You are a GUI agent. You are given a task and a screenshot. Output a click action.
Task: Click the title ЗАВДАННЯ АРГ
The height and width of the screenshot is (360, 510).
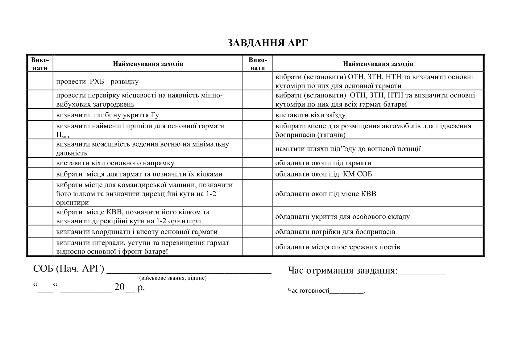267,43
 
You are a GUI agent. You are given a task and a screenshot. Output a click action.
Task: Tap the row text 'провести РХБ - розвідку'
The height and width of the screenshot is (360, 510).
97,82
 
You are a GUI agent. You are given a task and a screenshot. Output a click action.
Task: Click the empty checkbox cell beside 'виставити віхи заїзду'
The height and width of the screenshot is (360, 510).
257,115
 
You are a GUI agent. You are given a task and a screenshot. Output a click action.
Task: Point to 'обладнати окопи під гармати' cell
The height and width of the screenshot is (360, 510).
323,163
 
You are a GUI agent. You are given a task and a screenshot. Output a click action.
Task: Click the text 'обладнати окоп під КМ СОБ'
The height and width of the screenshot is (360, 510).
323,174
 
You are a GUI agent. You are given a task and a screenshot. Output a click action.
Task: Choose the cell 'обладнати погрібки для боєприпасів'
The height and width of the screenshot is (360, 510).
335,232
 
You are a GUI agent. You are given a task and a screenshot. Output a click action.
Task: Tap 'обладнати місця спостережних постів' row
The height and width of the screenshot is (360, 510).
338,247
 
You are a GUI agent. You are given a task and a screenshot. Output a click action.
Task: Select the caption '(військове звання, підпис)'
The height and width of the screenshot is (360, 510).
173,278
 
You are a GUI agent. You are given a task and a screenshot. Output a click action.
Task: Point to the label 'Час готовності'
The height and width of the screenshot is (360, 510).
308,291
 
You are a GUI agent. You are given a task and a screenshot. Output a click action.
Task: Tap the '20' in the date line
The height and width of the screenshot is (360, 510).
119,287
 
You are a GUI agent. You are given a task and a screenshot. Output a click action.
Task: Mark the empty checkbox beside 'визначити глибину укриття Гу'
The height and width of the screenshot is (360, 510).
40,115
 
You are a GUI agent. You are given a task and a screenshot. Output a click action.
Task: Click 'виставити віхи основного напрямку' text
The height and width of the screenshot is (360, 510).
115,163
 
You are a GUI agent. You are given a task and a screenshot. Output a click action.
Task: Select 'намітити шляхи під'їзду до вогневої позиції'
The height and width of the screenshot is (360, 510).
348,149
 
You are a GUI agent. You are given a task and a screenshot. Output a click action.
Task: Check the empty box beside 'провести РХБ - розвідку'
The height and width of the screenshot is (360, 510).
40,81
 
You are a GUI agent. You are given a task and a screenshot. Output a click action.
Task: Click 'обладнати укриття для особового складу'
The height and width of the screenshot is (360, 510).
342,217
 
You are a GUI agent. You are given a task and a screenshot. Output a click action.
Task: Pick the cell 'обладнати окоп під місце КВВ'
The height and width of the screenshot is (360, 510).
325,194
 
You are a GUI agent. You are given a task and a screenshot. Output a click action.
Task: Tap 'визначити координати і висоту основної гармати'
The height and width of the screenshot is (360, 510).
137,232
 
